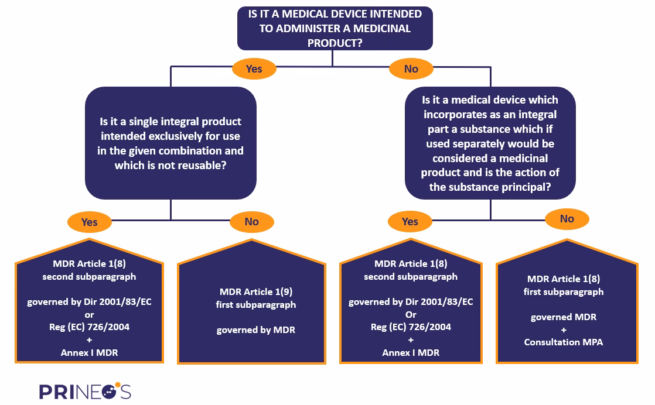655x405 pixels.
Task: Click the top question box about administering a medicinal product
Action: pyautogui.click(x=335, y=28)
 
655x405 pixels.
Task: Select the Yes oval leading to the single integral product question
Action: pyautogui.click(x=254, y=68)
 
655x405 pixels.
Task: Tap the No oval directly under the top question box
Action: pyautogui.click(x=411, y=68)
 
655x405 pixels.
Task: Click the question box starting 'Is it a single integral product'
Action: pyautogui.click(x=171, y=143)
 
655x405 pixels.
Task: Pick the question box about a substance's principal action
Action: pyautogui.click(x=490, y=143)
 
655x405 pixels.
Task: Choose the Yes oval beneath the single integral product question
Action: pyautogui.click(x=89, y=222)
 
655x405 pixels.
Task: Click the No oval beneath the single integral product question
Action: pyautogui.click(x=251, y=221)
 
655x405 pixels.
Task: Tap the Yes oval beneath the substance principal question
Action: pyautogui.click(x=410, y=221)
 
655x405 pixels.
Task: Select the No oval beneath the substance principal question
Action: pyautogui.click(x=567, y=218)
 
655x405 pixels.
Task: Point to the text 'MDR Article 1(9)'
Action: pyautogui.click(x=255, y=291)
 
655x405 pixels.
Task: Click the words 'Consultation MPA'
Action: pyautogui.click(x=563, y=342)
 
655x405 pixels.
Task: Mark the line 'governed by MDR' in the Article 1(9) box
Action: pyautogui.click(x=255, y=330)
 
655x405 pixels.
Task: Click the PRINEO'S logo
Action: pyautogui.click(x=85, y=390)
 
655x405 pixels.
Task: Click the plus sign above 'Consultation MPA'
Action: pyautogui.click(x=563, y=330)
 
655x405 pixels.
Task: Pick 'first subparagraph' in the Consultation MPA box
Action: pyautogui.click(x=563, y=291)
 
